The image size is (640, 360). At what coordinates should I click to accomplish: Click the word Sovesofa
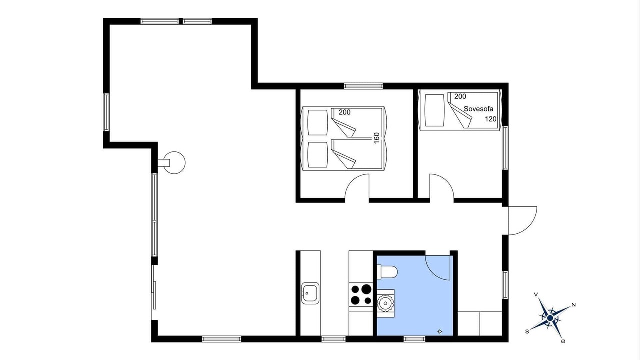[478, 109]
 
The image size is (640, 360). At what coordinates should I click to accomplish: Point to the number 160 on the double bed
[377, 138]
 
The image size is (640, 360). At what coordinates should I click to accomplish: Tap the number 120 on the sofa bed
[491, 119]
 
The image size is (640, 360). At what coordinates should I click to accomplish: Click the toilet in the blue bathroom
[387, 271]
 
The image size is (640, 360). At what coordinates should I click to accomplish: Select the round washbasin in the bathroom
[385, 302]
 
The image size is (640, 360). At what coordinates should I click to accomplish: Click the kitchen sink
[310, 293]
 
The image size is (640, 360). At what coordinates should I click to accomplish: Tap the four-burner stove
[361, 295]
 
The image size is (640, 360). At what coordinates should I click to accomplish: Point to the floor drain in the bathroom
[440, 331]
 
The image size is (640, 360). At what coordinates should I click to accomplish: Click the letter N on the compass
[573, 305]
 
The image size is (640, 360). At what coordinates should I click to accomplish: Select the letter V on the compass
[536, 294]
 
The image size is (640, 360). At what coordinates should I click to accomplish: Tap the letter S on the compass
[527, 331]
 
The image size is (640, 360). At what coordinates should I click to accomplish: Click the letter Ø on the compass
[563, 341]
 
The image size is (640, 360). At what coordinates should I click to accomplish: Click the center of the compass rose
[550, 318]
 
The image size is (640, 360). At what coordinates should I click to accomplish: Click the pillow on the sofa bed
[435, 110]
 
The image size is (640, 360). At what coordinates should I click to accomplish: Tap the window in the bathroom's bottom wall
[414, 339]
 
